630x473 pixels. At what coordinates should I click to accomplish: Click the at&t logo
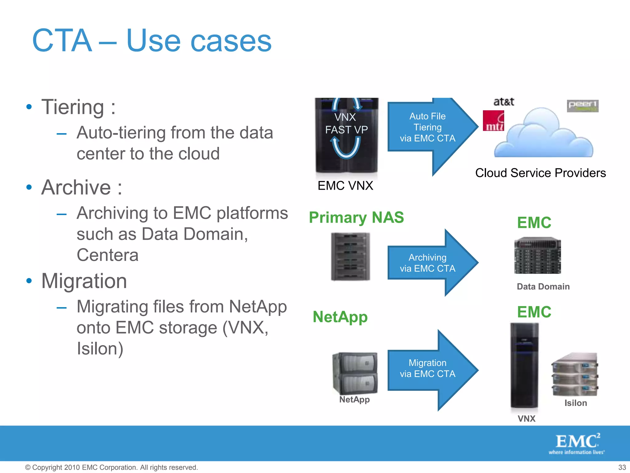tap(504, 102)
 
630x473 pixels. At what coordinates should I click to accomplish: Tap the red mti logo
tap(493, 121)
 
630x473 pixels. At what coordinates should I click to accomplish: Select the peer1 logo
tap(582, 106)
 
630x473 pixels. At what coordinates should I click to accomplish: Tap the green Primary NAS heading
tap(356, 217)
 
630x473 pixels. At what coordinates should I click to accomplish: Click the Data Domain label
tap(543, 286)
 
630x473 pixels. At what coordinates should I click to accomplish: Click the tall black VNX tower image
tap(524, 365)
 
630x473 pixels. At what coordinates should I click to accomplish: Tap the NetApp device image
tap(355, 373)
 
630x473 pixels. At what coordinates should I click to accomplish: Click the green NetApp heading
tap(340, 317)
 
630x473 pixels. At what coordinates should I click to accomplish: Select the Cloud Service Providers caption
tap(540, 173)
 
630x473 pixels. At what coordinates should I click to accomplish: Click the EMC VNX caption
tap(345, 186)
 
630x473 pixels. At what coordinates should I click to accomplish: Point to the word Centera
tap(107, 255)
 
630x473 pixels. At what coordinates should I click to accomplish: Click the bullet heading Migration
tap(84, 281)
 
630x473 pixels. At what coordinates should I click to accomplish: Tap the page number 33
tap(622, 467)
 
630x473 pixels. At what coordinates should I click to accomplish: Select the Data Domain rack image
tap(537, 255)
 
